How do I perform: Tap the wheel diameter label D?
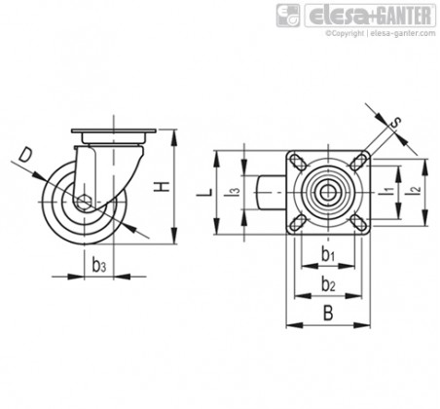[25, 155]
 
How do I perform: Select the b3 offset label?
[98, 265]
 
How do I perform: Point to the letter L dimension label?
[205, 192]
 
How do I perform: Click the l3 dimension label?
[234, 192]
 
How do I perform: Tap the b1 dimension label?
[328, 254]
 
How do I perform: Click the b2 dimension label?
[328, 284]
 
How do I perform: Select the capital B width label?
[328, 314]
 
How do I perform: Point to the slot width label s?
[395, 123]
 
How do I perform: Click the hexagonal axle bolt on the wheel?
[84, 202]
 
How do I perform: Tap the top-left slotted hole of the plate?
[298, 162]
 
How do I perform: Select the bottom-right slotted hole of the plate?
[358, 222]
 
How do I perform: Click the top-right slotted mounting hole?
[358, 162]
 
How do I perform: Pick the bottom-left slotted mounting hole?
[298, 222]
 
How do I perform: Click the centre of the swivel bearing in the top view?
[328, 192]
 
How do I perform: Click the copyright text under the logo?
[381, 33]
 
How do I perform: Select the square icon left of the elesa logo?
[288, 16]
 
